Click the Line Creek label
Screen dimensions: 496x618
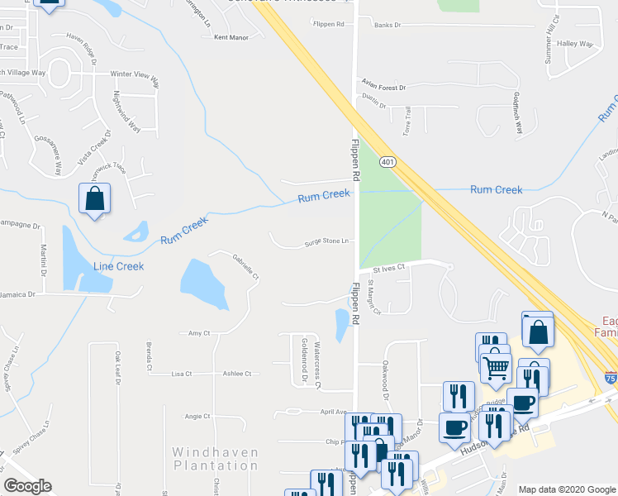coord(118,266)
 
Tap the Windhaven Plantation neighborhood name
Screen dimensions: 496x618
coord(215,459)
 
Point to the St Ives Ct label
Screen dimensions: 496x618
coord(388,268)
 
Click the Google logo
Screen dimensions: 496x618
coord(27,486)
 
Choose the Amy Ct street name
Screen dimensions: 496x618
coord(199,333)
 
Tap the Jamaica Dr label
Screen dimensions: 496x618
coord(18,293)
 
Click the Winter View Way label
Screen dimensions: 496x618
coord(135,74)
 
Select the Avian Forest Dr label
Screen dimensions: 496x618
coord(383,87)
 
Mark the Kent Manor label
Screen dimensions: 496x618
coord(231,37)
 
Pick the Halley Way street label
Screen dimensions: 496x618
coord(575,43)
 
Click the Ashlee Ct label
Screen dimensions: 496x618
coord(237,374)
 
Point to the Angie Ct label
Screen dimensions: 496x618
coord(197,416)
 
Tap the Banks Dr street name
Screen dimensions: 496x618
coord(387,25)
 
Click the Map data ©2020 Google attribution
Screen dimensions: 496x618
coord(565,489)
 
